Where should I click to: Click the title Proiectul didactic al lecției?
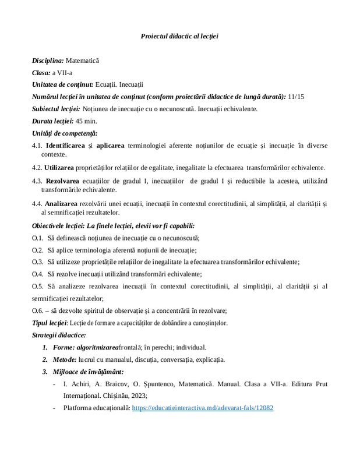(179, 36)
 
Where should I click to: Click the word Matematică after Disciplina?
(82, 60)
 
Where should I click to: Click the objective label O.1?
(38, 238)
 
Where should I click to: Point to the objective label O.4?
(38, 273)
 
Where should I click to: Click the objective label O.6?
(38, 310)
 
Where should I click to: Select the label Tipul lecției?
(50, 323)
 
